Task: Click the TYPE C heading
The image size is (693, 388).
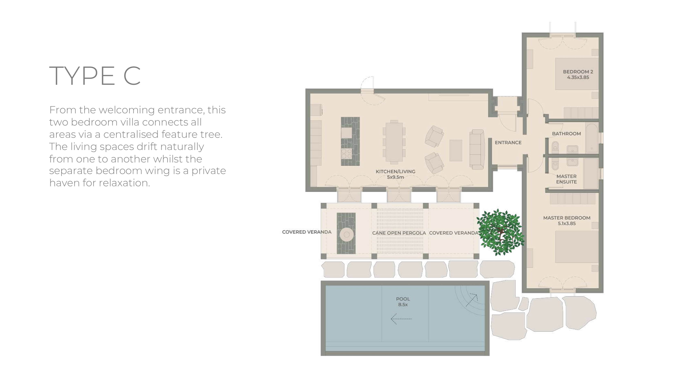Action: tap(95, 76)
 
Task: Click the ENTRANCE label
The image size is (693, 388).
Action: tap(508, 143)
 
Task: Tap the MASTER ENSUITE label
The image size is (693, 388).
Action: tap(566, 179)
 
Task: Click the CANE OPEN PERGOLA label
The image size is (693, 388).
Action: tap(399, 233)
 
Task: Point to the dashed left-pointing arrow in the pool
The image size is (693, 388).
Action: tap(401, 319)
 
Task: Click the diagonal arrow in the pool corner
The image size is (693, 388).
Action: tap(472, 300)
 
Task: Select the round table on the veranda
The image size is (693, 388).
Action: tap(346, 235)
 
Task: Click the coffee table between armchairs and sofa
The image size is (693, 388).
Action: tap(456, 150)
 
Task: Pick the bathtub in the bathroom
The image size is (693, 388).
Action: tap(592, 137)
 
